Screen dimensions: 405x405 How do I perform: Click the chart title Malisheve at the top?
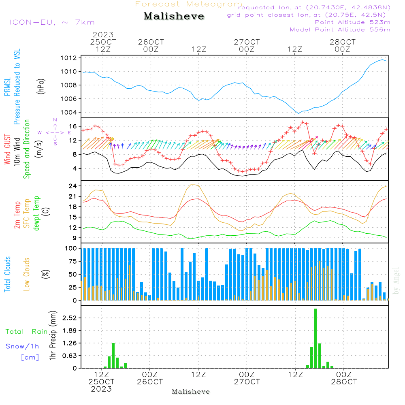(174, 17)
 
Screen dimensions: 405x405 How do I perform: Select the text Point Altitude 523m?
(352, 22)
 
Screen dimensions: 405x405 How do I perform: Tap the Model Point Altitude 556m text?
(340, 30)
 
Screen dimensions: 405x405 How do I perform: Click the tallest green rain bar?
(315, 338)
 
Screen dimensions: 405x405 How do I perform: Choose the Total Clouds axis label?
(8, 274)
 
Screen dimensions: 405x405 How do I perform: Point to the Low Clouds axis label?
(27, 274)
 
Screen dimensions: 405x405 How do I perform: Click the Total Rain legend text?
(27, 332)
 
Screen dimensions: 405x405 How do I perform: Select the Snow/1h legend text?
(23, 346)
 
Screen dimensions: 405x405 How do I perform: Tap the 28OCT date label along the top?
(343, 42)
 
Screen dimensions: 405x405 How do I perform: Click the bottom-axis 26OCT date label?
(150, 382)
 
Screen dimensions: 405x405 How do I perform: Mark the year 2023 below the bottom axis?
(101, 389)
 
